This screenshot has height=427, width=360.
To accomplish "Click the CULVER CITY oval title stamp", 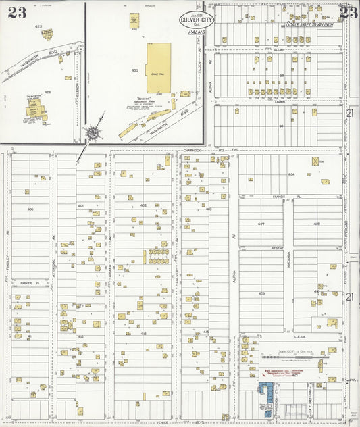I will [x=197, y=20].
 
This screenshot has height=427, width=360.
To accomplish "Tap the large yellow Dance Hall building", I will [x=159, y=68].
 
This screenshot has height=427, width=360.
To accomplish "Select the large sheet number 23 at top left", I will [x=18, y=12].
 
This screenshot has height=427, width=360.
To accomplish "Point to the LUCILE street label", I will [x=301, y=334].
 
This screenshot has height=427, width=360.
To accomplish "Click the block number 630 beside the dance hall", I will [x=134, y=70].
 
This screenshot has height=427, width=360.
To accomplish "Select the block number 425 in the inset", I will [x=38, y=26].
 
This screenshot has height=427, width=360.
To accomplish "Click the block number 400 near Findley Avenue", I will [x=30, y=209].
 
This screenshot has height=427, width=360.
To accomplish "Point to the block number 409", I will [x=261, y=293].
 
